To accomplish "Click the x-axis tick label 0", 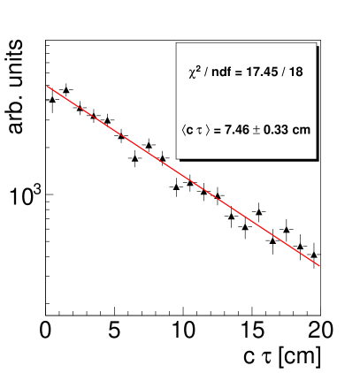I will coord(46,331).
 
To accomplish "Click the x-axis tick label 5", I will coord(115,331).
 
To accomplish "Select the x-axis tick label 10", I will coord(183,331).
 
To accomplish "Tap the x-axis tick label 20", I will coord(320,331).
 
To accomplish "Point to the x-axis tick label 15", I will coord(252,331).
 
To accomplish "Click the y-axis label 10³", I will coord(26,196).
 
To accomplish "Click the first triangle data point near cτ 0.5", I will coord(52,99).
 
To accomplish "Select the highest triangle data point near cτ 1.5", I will coord(66,89).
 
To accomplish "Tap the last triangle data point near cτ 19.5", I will coord(313,254).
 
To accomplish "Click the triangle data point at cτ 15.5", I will coord(258,212).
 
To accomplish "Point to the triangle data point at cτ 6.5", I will coord(134,157).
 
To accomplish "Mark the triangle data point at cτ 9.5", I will coord(176,186).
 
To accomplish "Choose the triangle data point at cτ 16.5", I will coord(272,240).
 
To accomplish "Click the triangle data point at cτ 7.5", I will coord(149,144).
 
